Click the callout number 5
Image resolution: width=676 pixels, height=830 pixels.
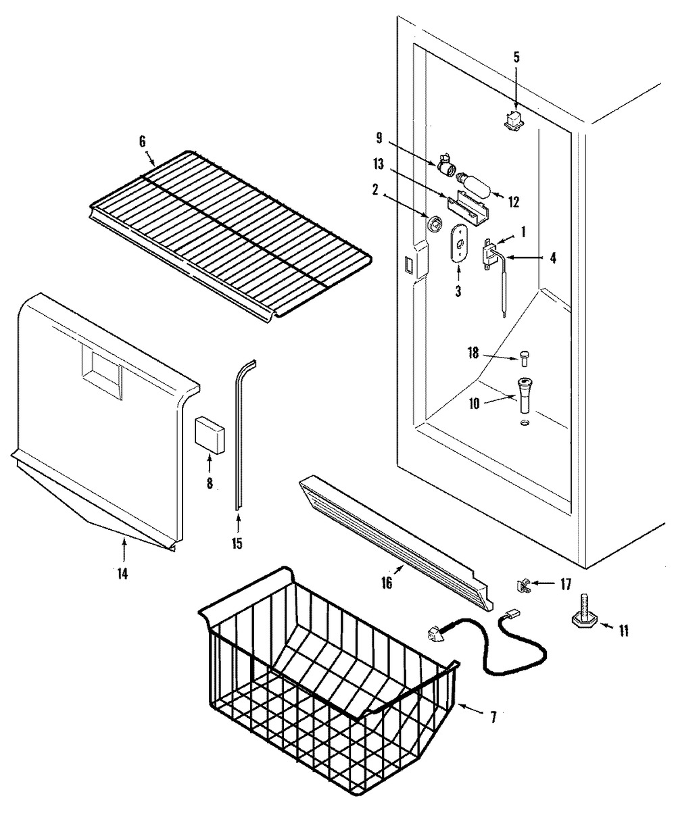coord(516,57)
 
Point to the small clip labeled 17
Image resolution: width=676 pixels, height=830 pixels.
coord(523,586)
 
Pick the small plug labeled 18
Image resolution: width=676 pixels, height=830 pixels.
coord(524,358)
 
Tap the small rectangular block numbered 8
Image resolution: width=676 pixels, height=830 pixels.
coord(210,435)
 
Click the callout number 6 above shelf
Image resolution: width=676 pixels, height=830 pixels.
coord(142,141)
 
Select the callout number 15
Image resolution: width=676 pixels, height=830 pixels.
coord(237,543)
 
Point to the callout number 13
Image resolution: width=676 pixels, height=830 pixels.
coord(378,164)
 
